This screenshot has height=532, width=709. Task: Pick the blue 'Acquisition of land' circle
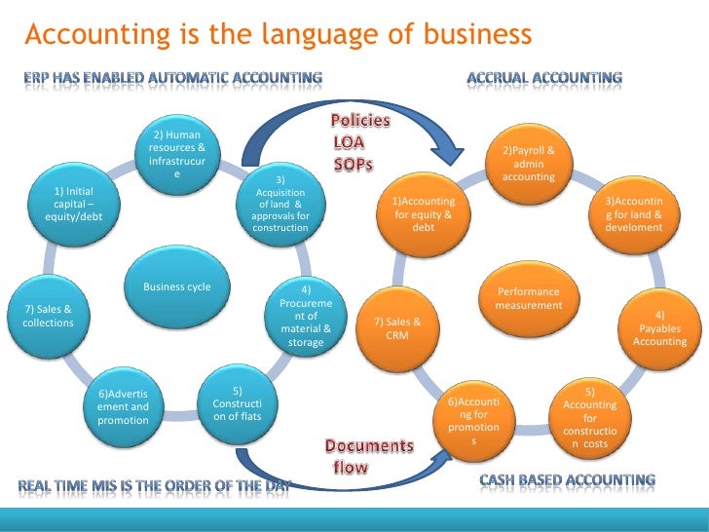[280, 205]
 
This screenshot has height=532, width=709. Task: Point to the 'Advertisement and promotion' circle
[124, 406]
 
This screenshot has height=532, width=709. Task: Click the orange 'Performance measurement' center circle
[529, 298]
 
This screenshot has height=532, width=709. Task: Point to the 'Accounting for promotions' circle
[474, 420]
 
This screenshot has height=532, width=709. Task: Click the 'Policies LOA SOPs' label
[360, 142]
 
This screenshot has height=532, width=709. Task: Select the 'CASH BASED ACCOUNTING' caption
[567, 480]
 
